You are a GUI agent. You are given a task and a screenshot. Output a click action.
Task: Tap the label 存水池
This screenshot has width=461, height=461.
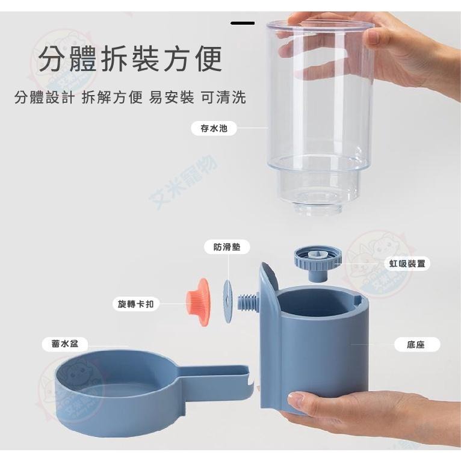(209, 128)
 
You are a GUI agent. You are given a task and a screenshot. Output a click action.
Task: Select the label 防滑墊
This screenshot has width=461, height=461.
(226, 247)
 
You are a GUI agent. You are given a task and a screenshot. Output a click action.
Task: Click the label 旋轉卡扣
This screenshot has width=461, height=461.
(135, 304)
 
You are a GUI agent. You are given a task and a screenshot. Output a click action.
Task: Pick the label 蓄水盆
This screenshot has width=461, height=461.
(65, 344)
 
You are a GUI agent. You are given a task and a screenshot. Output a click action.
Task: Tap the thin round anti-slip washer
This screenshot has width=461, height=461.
(227, 295)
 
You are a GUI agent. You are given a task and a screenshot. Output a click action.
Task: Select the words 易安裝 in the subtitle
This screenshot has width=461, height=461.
(169, 97)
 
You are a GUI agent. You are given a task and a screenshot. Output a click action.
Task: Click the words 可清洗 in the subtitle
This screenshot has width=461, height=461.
(223, 97)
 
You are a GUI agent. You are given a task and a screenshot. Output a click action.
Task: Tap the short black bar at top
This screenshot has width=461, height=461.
(243, 23)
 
